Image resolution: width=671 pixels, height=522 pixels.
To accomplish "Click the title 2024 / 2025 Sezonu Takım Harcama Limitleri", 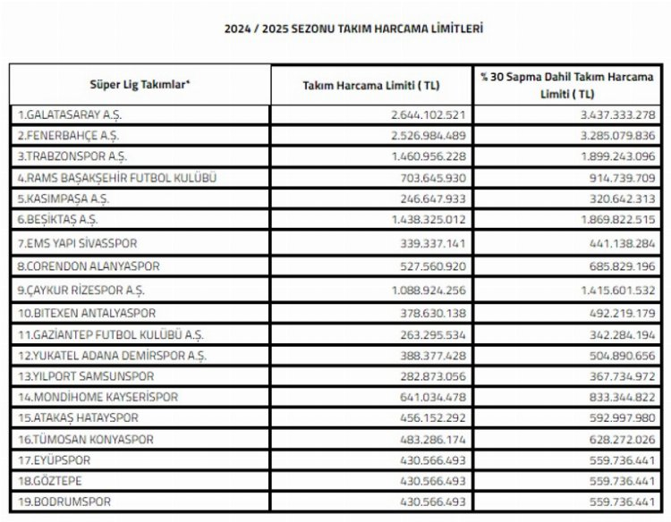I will click(x=353, y=29).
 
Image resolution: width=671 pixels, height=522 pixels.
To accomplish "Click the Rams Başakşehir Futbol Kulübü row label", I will click(x=117, y=178).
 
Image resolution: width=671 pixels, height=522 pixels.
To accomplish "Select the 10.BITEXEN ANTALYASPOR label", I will click(x=87, y=314).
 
